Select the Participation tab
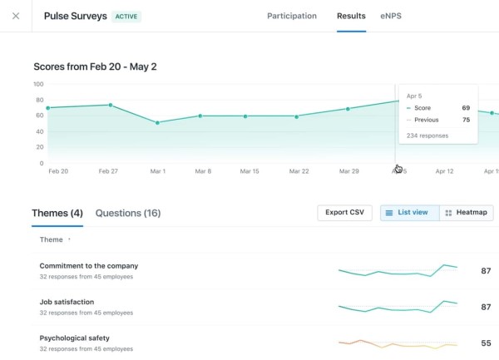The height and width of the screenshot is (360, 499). tap(291, 16)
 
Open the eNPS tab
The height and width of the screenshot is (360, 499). tap(393, 16)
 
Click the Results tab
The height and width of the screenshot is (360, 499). tap(351, 16)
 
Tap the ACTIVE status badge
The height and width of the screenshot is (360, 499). tap(126, 16)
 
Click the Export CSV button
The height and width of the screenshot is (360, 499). tap(344, 213)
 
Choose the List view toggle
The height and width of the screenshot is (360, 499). tap(408, 213)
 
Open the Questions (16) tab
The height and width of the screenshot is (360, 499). tap(128, 214)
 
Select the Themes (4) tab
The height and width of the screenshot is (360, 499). tap(57, 214)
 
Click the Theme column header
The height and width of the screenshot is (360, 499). tap(52, 239)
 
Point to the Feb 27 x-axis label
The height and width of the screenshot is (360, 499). tap(109, 171)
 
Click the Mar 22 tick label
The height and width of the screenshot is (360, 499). tap(299, 171)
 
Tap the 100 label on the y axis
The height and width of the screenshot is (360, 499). tap(38, 84)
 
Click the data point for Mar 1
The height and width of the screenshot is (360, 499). tap(158, 122)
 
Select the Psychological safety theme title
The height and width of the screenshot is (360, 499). tap(74, 338)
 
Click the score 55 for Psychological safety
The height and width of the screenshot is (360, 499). tap(486, 343)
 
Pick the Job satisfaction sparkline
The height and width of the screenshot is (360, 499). tap(398, 307)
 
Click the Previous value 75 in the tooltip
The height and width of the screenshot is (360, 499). tap(466, 120)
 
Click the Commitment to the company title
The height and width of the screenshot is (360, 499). tap(88, 266)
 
